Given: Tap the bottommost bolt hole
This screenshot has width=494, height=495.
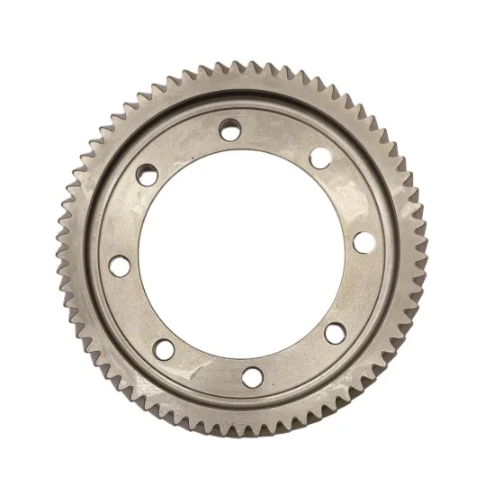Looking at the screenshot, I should tap(253, 375).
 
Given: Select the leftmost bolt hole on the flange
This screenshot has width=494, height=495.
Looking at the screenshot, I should tap(119, 266).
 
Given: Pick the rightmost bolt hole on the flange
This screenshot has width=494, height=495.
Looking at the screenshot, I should tap(363, 242).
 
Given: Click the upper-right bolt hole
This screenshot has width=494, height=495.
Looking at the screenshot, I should tap(319, 158).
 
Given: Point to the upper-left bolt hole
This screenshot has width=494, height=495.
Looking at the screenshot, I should tap(148, 175).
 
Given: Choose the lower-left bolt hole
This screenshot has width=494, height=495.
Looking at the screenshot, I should tap(163, 349).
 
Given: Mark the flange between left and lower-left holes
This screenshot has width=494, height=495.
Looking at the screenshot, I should tap(134, 311).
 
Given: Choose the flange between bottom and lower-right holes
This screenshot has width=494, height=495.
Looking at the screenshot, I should tap(297, 362).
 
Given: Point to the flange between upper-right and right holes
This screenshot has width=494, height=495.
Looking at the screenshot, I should tap(347, 196).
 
